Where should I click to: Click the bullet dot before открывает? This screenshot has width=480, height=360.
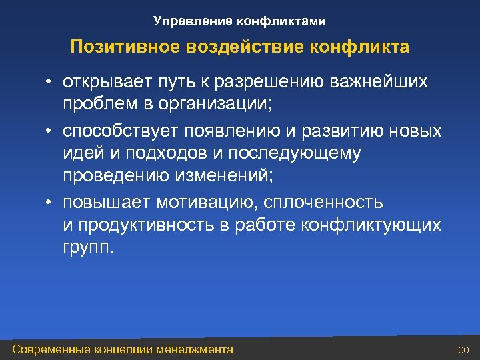[x=49, y=83]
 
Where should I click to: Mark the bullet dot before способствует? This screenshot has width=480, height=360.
[x=49, y=129]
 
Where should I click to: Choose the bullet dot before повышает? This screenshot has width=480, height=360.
[x=49, y=202]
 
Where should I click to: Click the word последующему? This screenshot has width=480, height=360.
[x=297, y=153]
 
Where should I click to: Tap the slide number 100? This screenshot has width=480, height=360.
[x=461, y=349]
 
